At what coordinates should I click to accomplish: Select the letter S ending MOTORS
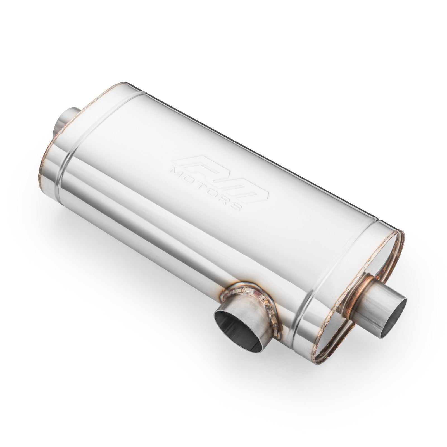click(x=236, y=208)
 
